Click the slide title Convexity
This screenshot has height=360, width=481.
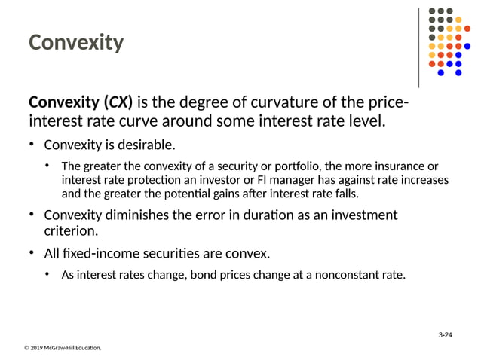click(x=75, y=43)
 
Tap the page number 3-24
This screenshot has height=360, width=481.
click(x=449, y=334)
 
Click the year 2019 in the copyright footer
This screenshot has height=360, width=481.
click(x=38, y=348)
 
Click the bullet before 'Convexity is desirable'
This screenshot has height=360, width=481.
click(x=32, y=144)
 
